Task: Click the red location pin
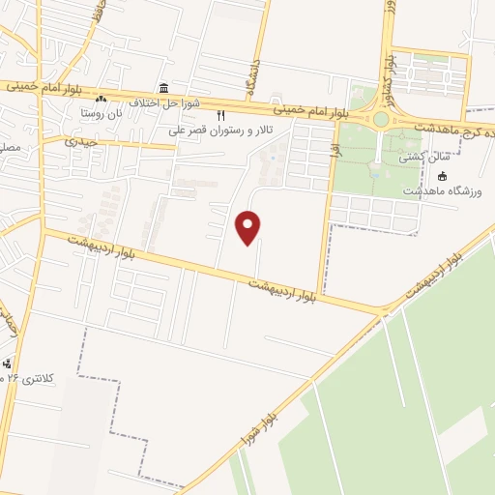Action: [x=248, y=226]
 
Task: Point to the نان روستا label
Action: [x=101, y=112]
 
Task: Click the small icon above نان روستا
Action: [x=101, y=99]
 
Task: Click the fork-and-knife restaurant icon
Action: [x=220, y=116]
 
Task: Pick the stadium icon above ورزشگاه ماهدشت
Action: [x=443, y=176]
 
